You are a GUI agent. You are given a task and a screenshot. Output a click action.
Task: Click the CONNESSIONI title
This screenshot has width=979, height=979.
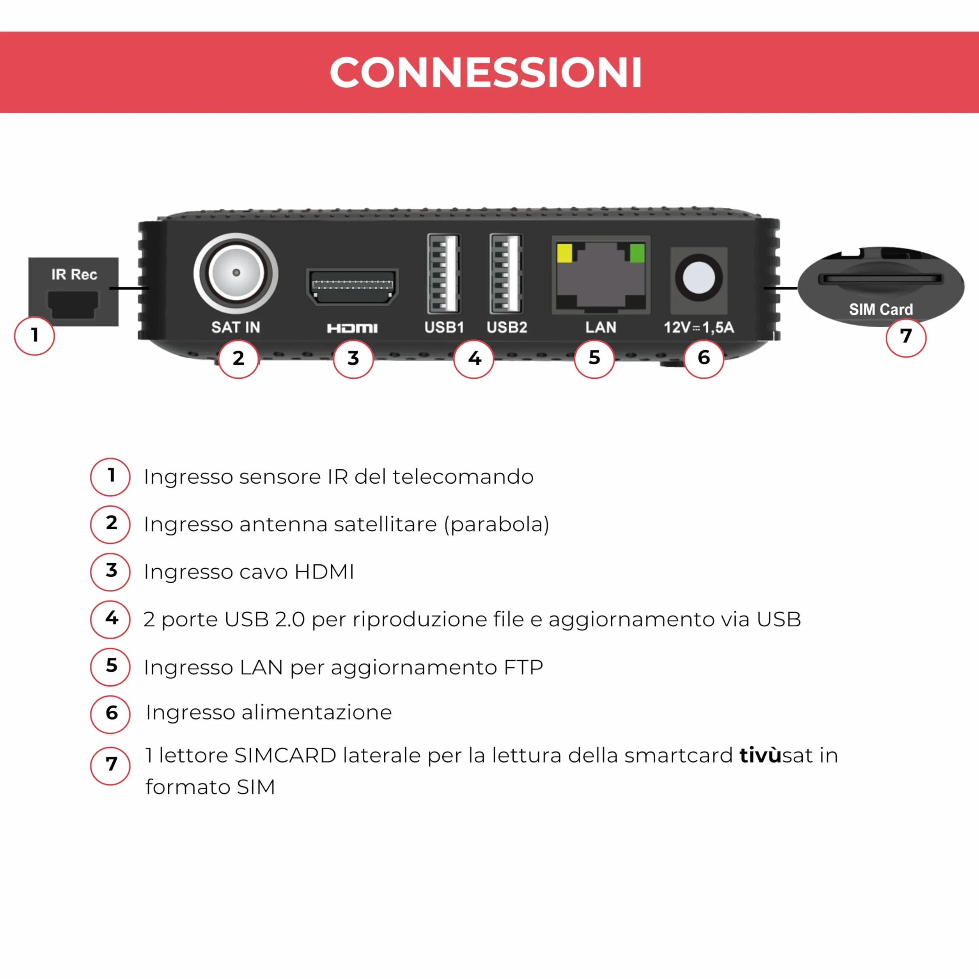[x=486, y=73]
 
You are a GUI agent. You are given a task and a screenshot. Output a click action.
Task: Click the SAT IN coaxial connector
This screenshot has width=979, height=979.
[x=236, y=273]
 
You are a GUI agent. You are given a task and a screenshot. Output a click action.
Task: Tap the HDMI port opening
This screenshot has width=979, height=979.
[x=352, y=287]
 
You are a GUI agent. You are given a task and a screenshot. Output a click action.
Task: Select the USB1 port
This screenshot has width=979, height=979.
[x=444, y=274]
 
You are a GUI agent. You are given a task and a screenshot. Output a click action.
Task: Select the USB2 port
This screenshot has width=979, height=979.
[x=506, y=274]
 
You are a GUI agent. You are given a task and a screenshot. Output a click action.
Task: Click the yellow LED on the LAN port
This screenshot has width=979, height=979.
[x=564, y=253]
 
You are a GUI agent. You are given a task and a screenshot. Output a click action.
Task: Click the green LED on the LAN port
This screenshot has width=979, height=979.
[x=637, y=253]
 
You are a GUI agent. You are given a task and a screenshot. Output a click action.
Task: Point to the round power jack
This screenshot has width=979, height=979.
[x=699, y=278]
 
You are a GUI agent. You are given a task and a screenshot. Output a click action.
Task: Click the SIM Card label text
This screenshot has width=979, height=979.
[x=881, y=310]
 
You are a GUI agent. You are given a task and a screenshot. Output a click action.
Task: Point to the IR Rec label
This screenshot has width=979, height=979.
[x=74, y=275]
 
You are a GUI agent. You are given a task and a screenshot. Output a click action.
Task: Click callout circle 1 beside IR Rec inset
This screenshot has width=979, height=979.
[x=34, y=335]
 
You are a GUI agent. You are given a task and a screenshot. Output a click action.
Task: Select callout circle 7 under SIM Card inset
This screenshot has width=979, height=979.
[x=906, y=337]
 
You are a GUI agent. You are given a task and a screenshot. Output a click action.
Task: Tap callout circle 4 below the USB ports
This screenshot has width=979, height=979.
[x=474, y=359]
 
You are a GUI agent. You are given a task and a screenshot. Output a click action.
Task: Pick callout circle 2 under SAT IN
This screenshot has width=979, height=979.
[x=239, y=359]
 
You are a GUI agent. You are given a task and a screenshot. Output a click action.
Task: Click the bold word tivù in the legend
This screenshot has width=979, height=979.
[x=760, y=756]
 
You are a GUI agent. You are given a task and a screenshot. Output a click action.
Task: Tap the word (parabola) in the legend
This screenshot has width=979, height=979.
[x=497, y=525]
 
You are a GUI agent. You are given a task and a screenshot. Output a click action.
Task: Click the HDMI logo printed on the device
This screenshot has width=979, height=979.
[x=352, y=328]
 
